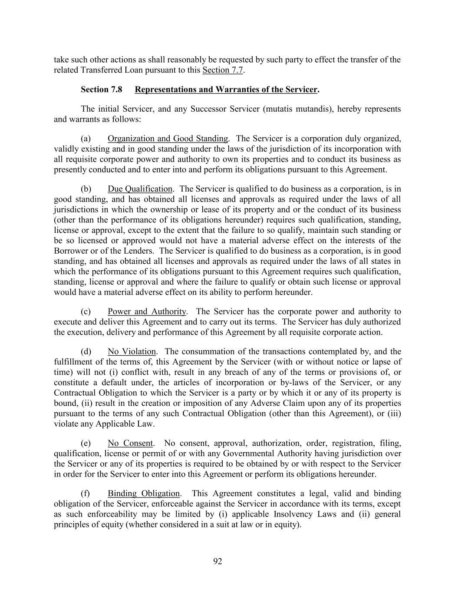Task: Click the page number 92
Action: point(217,561)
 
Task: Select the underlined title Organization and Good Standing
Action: point(168,139)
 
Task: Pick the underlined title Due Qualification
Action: point(140,189)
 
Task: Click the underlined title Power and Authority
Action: point(147,311)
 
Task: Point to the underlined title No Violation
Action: point(132,351)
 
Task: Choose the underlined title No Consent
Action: point(130,443)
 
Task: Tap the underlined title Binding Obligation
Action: point(144,494)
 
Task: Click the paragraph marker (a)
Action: point(86,139)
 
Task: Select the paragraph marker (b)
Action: point(86,189)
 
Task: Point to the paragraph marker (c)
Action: point(86,311)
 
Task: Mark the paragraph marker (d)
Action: point(86,351)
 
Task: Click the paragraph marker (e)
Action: point(86,443)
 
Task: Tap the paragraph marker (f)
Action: point(86,494)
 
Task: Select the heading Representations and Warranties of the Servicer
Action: point(226,89)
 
